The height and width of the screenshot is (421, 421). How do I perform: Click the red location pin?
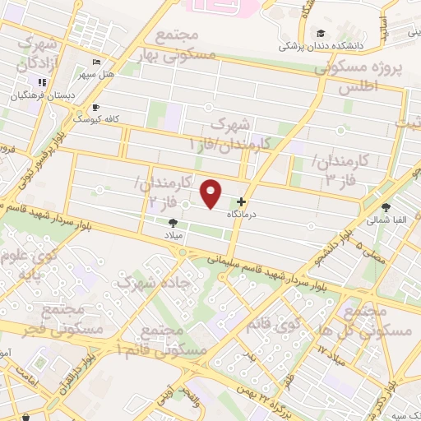[x=211, y=193]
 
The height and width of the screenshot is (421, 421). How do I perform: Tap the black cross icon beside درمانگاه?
[x=241, y=202]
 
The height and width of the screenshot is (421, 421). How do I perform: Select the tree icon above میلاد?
[x=173, y=222]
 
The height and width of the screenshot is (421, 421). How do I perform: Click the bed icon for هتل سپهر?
[x=98, y=62]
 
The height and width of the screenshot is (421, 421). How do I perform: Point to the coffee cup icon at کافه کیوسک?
[x=96, y=107]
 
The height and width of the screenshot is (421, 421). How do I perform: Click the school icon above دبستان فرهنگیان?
[x=41, y=82]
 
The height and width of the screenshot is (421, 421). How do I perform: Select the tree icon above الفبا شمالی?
[x=387, y=208]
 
